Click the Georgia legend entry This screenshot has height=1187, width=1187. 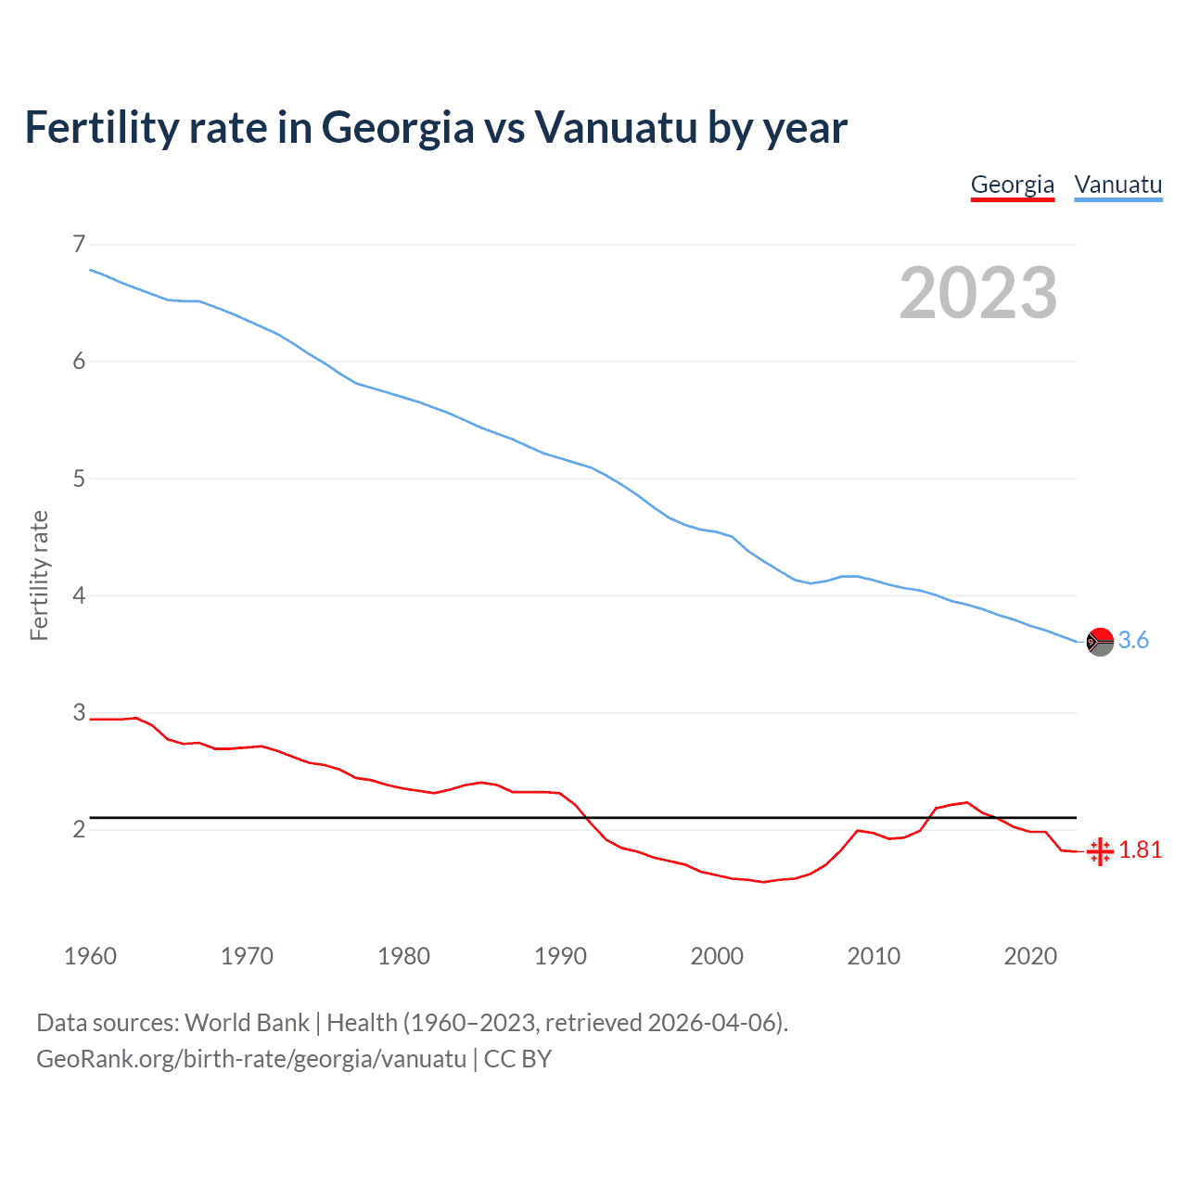click(1012, 185)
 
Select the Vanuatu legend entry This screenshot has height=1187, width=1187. click(1117, 185)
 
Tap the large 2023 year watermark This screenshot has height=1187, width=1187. click(977, 293)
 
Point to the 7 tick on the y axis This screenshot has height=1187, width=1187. click(79, 244)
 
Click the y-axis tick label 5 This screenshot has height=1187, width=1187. click(79, 479)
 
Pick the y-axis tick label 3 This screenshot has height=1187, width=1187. click(79, 712)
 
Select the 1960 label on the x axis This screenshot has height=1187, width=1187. click(90, 956)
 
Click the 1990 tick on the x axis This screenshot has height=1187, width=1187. click(560, 956)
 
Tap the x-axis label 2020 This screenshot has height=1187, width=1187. click(1030, 956)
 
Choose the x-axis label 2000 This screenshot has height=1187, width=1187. click(717, 956)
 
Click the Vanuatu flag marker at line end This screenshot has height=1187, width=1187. click(1100, 641)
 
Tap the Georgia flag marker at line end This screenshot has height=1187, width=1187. click(1100, 850)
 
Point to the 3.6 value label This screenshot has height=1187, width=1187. click(1133, 641)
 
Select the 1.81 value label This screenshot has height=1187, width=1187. click(1140, 850)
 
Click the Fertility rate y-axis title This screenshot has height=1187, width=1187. click(39, 575)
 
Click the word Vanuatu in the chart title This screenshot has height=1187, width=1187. click(615, 128)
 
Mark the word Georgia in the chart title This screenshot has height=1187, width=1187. click(398, 128)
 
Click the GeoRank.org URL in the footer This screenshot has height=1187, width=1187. click(250, 1059)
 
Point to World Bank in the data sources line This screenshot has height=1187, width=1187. click(247, 1023)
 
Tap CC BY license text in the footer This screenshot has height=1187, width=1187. click(517, 1059)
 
